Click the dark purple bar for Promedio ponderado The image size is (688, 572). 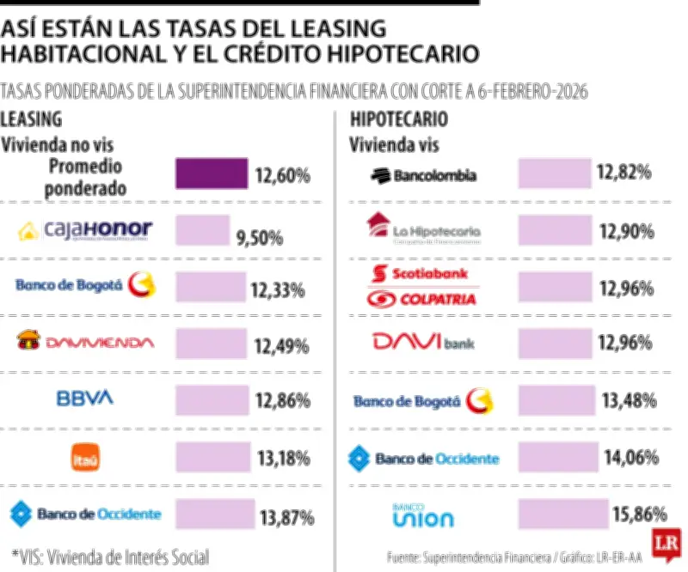click(212, 173)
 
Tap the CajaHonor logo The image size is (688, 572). click(85, 229)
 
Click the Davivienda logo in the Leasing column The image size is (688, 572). click(85, 342)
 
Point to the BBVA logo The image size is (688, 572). click(84, 399)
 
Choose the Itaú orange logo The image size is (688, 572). click(85, 457)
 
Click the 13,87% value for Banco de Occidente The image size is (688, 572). click(285, 517)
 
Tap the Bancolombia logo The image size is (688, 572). click(422, 175)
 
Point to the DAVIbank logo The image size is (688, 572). click(422, 342)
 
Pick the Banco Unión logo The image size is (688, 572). click(422, 515)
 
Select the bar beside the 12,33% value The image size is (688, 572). click(210, 285)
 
